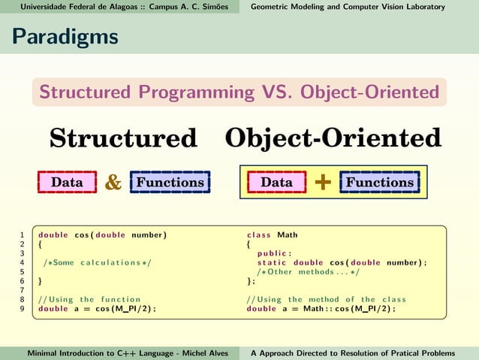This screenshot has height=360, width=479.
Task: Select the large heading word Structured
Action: click(123, 138)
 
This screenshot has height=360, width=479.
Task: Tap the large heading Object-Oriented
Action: click(333, 138)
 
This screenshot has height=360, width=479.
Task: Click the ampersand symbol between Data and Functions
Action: click(113, 183)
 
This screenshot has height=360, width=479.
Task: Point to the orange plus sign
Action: click(323, 183)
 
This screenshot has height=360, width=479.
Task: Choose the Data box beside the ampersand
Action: click(67, 183)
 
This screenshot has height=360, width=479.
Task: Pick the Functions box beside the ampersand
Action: click(170, 183)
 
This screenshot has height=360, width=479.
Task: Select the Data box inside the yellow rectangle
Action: click(276, 183)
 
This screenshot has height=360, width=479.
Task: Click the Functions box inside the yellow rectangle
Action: click(379, 183)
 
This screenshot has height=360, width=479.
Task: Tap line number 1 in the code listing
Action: click(23, 235)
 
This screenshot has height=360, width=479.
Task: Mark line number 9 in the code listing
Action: click(23, 308)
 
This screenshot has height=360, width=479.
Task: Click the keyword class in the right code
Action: click(259, 235)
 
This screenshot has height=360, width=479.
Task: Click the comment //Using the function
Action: click(89, 299)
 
